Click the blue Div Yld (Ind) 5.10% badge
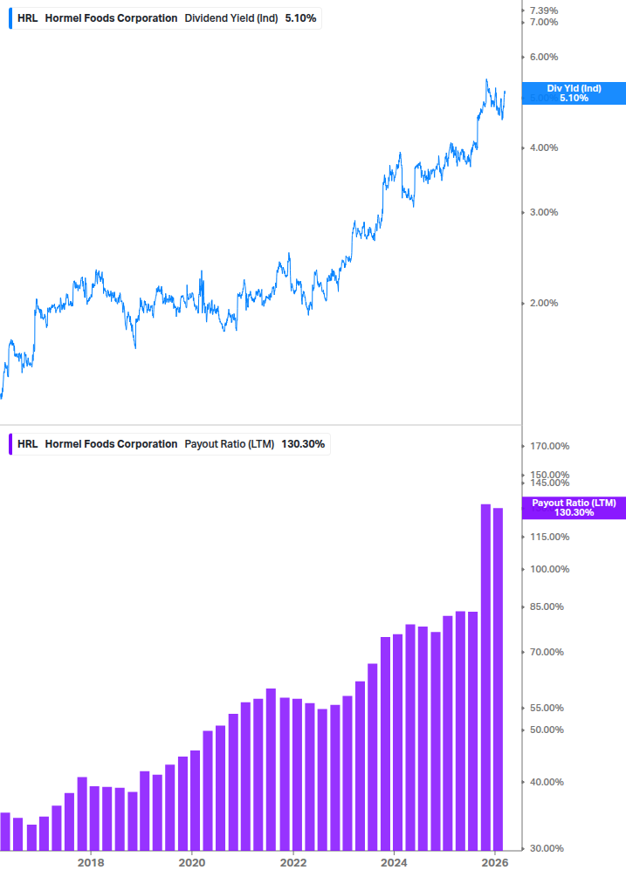pos(574,93)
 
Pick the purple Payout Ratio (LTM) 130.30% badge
pos(574,508)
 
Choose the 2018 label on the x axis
pos(90,862)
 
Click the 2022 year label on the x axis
pos(292,862)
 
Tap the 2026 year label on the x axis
pos(494,862)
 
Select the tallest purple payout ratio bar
pos(485,676)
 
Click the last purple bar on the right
pos(498,679)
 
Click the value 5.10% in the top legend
pos(300,17)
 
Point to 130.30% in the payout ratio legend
pos(304,444)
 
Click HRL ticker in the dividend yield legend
pos(26,17)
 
